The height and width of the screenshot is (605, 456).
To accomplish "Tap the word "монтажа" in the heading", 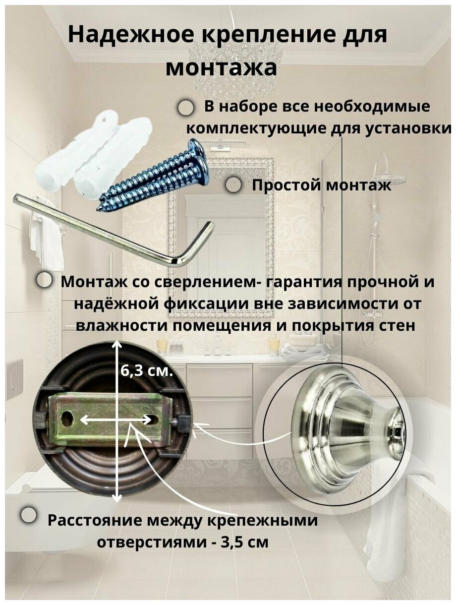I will (x=222, y=67).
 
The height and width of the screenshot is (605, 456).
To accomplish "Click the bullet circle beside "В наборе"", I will (x=186, y=108).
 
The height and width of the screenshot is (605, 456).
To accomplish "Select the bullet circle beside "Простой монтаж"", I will (x=233, y=186).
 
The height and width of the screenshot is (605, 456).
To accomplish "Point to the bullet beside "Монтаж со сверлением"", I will (x=44, y=280).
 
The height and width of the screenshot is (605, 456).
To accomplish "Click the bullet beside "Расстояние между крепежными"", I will (x=29, y=515).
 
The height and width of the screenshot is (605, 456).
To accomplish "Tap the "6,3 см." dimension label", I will (x=147, y=370).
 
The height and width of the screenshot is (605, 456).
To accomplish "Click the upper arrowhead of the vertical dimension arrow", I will (x=117, y=345).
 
